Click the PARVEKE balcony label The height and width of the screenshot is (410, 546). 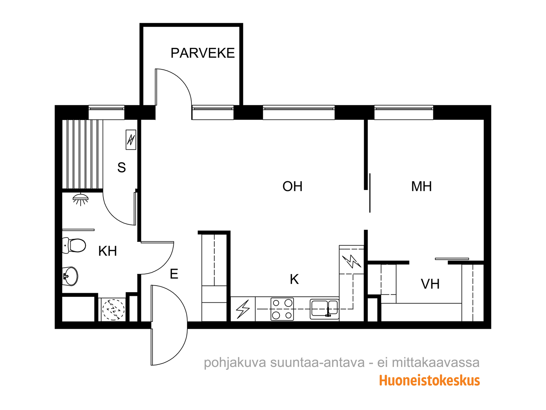point(202,53)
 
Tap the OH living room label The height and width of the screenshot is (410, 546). point(292,187)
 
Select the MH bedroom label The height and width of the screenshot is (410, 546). point(421,187)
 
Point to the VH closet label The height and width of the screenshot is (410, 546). point(430,284)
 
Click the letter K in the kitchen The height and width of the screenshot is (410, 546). point(294,279)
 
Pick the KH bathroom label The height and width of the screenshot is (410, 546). point(107,251)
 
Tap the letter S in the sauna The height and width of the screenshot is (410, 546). point(121,167)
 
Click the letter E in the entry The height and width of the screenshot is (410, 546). point(174,274)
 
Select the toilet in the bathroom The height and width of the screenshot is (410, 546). point(74,245)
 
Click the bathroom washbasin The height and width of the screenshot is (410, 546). point(70,276)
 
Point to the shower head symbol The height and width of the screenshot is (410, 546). point(80,200)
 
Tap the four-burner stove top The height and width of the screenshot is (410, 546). point(282,309)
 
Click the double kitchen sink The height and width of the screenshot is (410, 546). point(324,309)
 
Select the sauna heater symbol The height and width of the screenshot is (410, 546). point(131,140)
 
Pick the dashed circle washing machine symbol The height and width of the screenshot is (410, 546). point(113,310)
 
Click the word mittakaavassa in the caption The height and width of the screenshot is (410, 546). point(435,363)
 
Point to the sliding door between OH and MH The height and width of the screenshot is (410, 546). point(370,193)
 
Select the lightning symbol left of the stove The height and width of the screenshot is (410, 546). point(243,309)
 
